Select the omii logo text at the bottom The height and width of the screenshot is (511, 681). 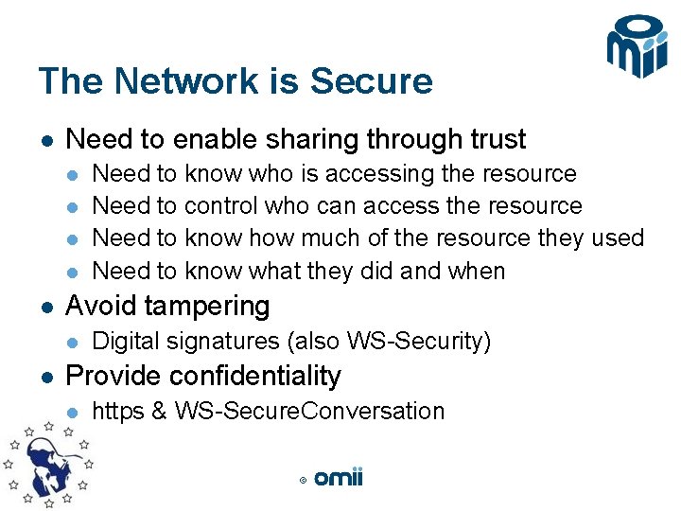coord(339,478)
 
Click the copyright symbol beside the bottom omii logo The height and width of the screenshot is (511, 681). coord(303,481)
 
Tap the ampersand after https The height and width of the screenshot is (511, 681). coord(159,412)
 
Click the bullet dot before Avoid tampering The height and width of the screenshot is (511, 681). coord(45,307)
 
